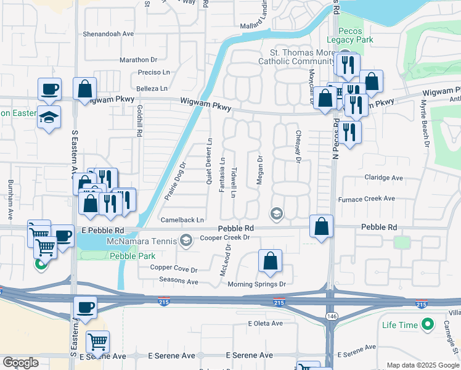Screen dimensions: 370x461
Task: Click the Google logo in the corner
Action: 20,363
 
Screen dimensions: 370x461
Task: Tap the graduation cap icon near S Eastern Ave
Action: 49,116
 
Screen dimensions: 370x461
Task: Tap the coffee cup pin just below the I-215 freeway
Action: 85,307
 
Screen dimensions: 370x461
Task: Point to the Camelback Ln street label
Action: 182,220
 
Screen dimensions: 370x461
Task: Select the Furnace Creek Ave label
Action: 366,199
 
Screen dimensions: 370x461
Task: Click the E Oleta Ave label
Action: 265,323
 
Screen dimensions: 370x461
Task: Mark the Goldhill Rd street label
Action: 140,120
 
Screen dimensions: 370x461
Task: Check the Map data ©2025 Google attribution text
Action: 422,365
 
